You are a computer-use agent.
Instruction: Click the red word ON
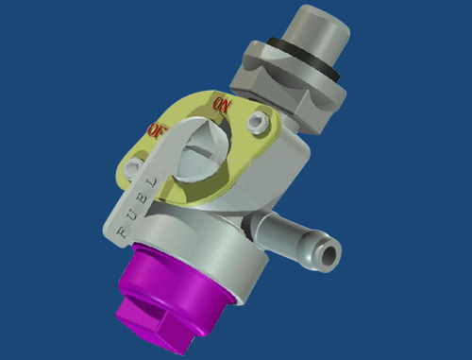(223, 105)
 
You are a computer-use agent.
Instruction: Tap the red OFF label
(158, 129)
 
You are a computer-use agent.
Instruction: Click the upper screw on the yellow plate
(257, 121)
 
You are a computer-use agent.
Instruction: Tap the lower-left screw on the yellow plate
(133, 166)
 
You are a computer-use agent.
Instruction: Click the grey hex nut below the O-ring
(288, 87)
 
